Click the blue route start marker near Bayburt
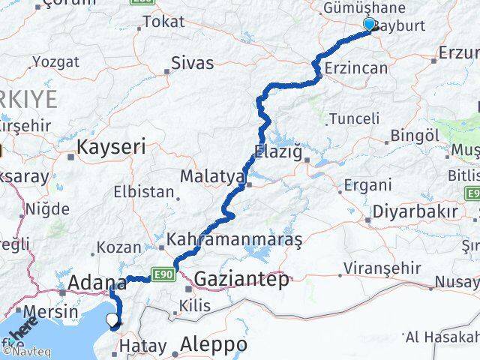click(x=369, y=24)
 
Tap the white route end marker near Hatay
click(x=112, y=321)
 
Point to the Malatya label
click(x=212, y=177)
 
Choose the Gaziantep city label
click(x=241, y=280)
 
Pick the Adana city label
click(x=97, y=283)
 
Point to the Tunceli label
click(x=355, y=118)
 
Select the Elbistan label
click(x=143, y=191)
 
